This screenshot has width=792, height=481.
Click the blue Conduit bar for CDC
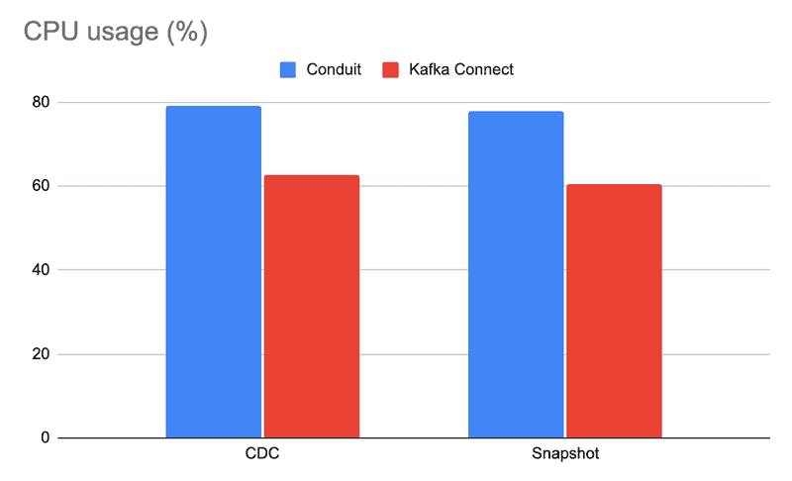coord(213,271)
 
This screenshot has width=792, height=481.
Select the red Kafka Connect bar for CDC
coord(311,306)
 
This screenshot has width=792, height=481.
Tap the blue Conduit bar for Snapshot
coord(516,274)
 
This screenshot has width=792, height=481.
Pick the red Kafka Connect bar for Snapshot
coord(614,311)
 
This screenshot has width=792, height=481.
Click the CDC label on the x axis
coord(262,454)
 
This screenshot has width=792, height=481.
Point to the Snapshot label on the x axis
coord(564,454)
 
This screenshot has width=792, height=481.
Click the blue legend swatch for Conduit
coord(288,69)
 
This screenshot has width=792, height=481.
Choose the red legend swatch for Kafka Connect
coord(390,69)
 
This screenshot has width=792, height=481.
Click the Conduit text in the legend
coord(333,69)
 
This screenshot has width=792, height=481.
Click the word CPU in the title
coord(48,32)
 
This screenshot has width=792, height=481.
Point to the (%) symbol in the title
coord(186,33)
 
